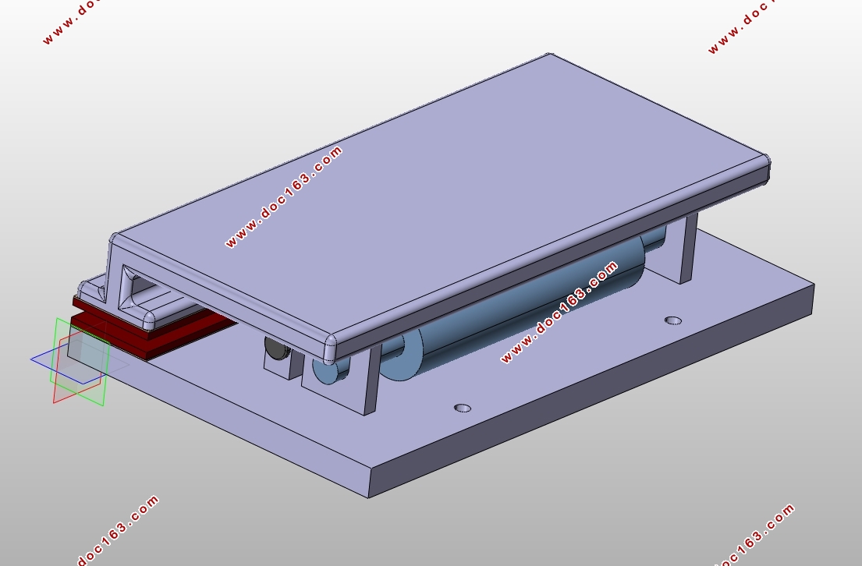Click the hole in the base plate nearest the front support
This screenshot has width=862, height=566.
[x=463, y=408]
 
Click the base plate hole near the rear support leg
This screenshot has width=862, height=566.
[x=673, y=320]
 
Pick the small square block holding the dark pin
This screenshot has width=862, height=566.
[x=282, y=363]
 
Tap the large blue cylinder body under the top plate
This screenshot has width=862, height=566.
[x=528, y=308]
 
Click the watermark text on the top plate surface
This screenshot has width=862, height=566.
[x=284, y=196]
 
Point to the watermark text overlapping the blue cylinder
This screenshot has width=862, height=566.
[x=559, y=313]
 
